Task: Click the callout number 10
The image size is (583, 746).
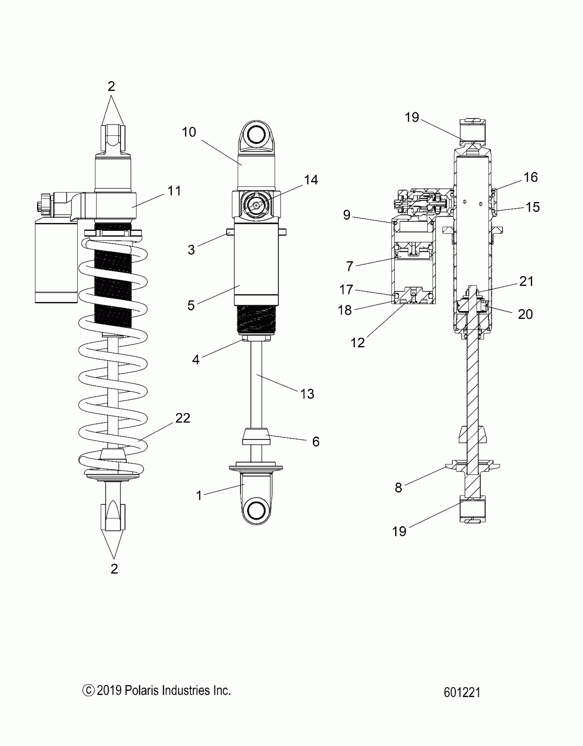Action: tap(189, 132)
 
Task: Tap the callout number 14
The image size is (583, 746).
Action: tap(311, 180)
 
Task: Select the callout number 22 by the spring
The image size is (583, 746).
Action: tap(182, 418)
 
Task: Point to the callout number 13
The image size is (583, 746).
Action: tap(307, 394)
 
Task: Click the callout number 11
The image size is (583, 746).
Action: tap(174, 191)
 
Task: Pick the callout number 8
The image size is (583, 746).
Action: tap(398, 487)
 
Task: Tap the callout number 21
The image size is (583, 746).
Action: tap(526, 281)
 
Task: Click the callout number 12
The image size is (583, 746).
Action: tap(358, 342)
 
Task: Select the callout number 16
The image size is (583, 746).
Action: tap(531, 177)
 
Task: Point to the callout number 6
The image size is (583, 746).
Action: tap(316, 441)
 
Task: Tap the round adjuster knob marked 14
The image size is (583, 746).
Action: tap(257, 205)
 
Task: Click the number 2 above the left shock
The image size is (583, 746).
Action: tap(111, 86)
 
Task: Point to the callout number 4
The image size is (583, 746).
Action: tap(196, 359)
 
